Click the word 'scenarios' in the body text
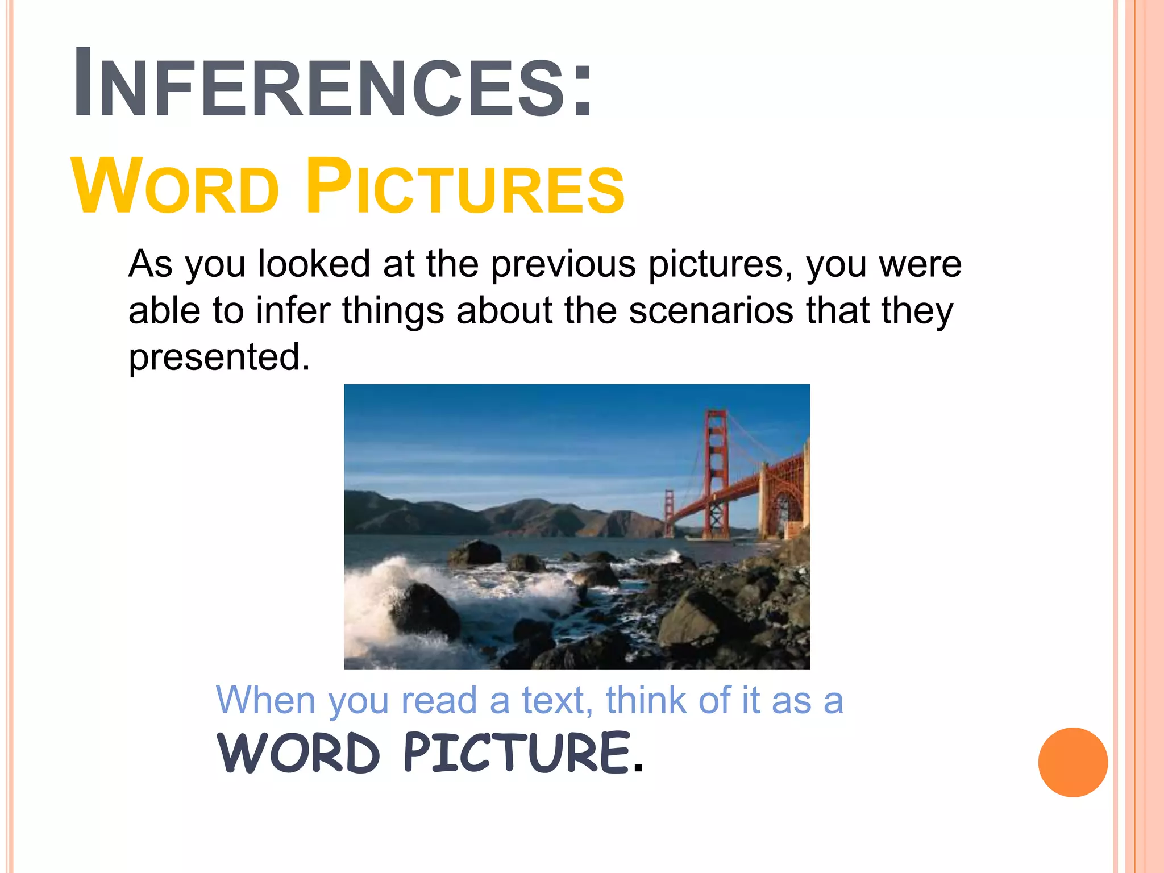coord(710,311)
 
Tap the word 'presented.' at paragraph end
coord(219,357)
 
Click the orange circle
coord(1072,762)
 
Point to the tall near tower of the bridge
coord(716,472)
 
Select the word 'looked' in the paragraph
coord(314,264)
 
